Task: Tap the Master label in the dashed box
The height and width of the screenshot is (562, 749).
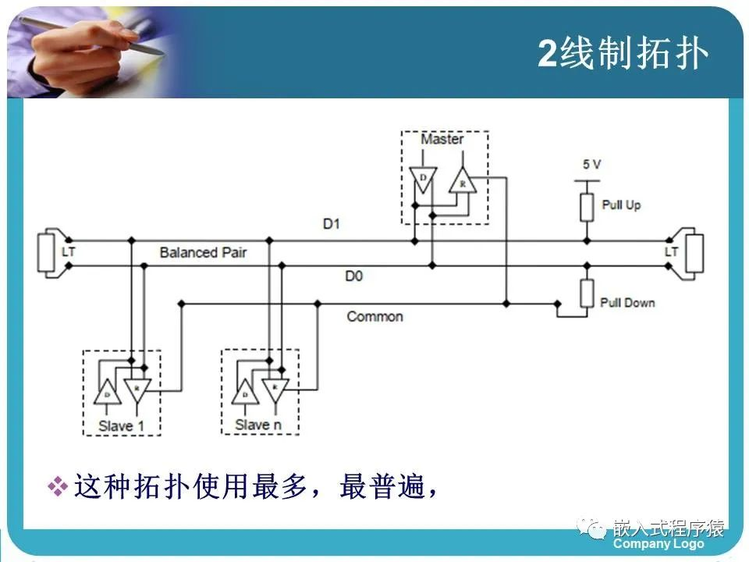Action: [x=442, y=140]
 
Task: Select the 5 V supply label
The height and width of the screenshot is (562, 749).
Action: [x=591, y=165]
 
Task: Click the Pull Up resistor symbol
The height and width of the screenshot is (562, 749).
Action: [x=587, y=206]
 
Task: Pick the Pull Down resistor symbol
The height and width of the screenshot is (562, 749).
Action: [x=587, y=294]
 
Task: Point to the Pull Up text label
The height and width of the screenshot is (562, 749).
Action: [x=621, y=205]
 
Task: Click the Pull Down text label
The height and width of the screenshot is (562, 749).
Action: [x=627, y=303]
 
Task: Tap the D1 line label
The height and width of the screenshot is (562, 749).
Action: [x=332, y=225]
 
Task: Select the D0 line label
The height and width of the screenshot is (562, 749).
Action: [x=353, y=276]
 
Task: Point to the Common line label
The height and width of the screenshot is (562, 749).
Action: [x=374, y=316]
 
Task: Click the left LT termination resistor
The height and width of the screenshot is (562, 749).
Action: [x=46, y=252]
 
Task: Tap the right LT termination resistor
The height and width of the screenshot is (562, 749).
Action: [x=693, y=252]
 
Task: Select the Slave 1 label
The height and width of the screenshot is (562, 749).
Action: [x=121, y=425]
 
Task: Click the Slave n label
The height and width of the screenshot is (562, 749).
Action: [x=257, y=425]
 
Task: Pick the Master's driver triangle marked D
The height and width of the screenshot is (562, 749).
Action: [x=422, y=179]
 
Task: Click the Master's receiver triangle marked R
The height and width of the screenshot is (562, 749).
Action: [x=461, y=182]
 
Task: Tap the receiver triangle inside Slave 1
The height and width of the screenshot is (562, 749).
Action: [x=137, y=388]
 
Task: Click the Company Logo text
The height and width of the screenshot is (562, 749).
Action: [x=658, y=544]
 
